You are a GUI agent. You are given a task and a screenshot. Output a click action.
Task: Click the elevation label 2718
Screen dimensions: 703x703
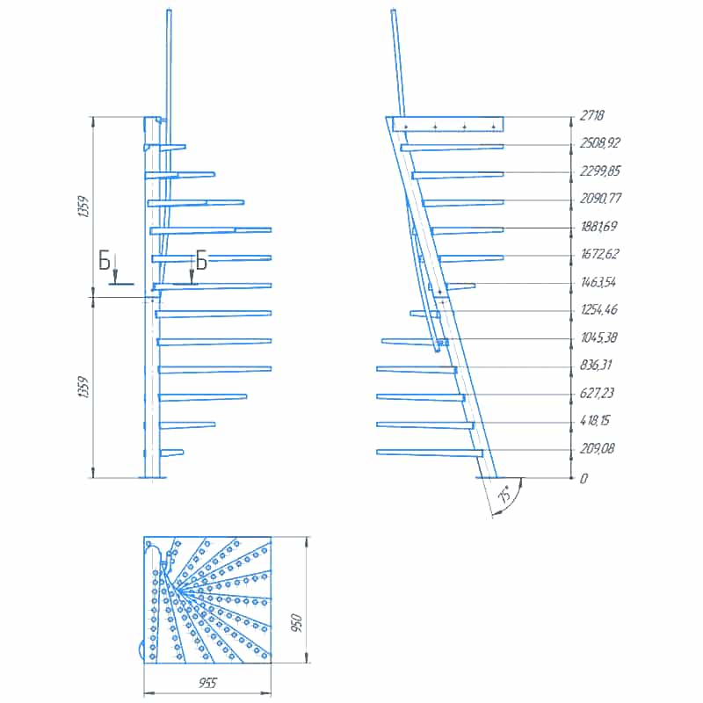point(591,116)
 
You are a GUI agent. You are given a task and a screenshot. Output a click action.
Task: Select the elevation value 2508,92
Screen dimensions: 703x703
point(600,143)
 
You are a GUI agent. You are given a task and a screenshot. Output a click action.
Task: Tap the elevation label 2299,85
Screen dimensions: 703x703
point(600,170)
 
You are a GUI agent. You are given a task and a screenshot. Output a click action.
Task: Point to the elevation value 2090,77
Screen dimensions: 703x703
point(600,199)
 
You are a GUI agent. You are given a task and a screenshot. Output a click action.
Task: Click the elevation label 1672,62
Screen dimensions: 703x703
point(600,254)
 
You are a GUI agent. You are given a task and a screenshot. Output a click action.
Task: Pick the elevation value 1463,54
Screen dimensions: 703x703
point(598,282)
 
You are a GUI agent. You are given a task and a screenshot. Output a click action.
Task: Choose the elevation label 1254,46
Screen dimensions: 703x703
point(599,310)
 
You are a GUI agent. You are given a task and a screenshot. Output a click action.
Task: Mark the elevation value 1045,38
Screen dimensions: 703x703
point(599,337)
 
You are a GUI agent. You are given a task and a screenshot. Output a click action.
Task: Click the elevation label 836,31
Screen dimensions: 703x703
point(596,365)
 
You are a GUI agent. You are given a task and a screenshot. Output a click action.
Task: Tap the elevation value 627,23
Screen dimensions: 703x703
point(597,393)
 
